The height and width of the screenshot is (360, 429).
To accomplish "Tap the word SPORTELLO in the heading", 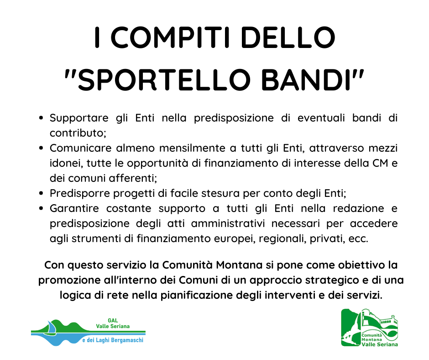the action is click(164, 80).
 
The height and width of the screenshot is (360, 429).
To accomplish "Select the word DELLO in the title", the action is click(288, 37).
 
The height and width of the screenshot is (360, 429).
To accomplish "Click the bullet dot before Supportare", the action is click(42, 118).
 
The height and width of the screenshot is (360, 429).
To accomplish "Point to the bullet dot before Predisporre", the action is click(42, 193).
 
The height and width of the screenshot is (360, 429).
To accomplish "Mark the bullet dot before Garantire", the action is click(42, 208).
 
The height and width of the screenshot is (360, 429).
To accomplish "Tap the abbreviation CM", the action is click(380, 163).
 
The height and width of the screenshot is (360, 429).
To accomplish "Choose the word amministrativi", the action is click(228, 223).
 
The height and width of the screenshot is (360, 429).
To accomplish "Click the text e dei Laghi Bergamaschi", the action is click(113, 340).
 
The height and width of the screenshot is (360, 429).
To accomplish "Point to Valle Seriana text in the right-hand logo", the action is click(379, 344).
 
